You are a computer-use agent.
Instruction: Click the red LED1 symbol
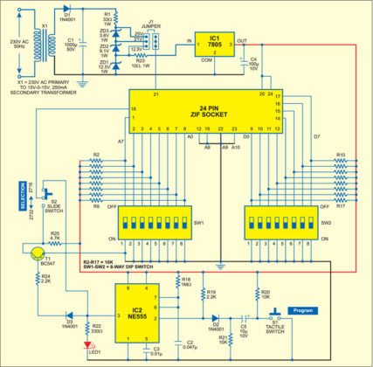tap(86, 343)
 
